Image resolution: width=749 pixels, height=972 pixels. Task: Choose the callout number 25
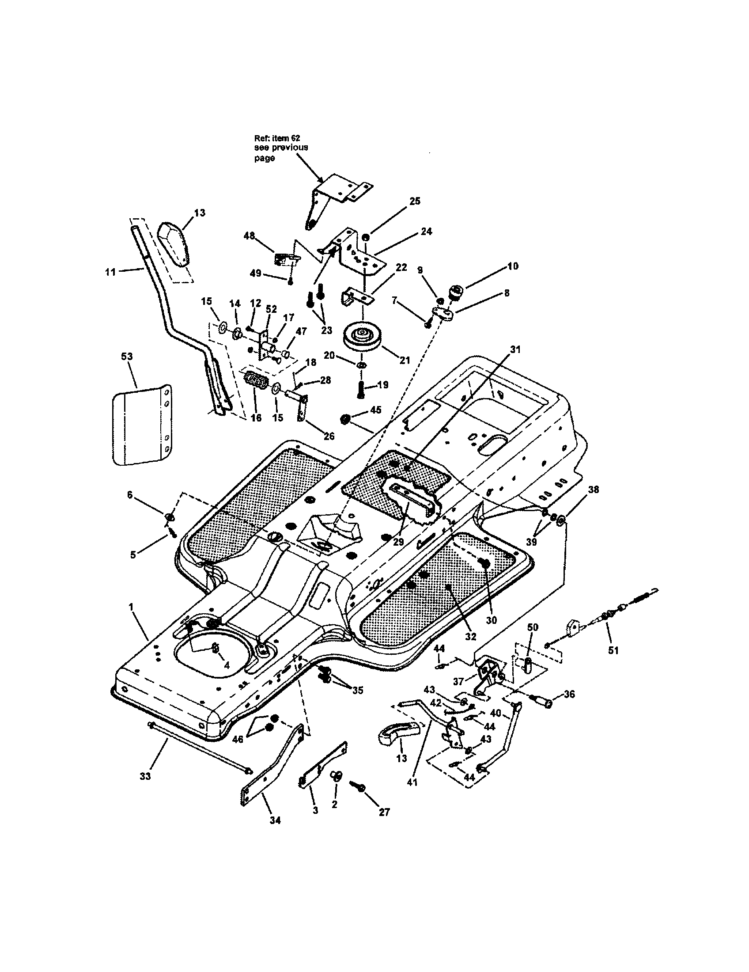[x=415, y=201]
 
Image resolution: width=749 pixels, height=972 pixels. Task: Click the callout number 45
[x=376, y=410]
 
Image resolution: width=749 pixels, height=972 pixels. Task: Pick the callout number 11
[x=110, y=271]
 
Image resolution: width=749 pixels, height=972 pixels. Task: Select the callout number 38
[x=594, y=490]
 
